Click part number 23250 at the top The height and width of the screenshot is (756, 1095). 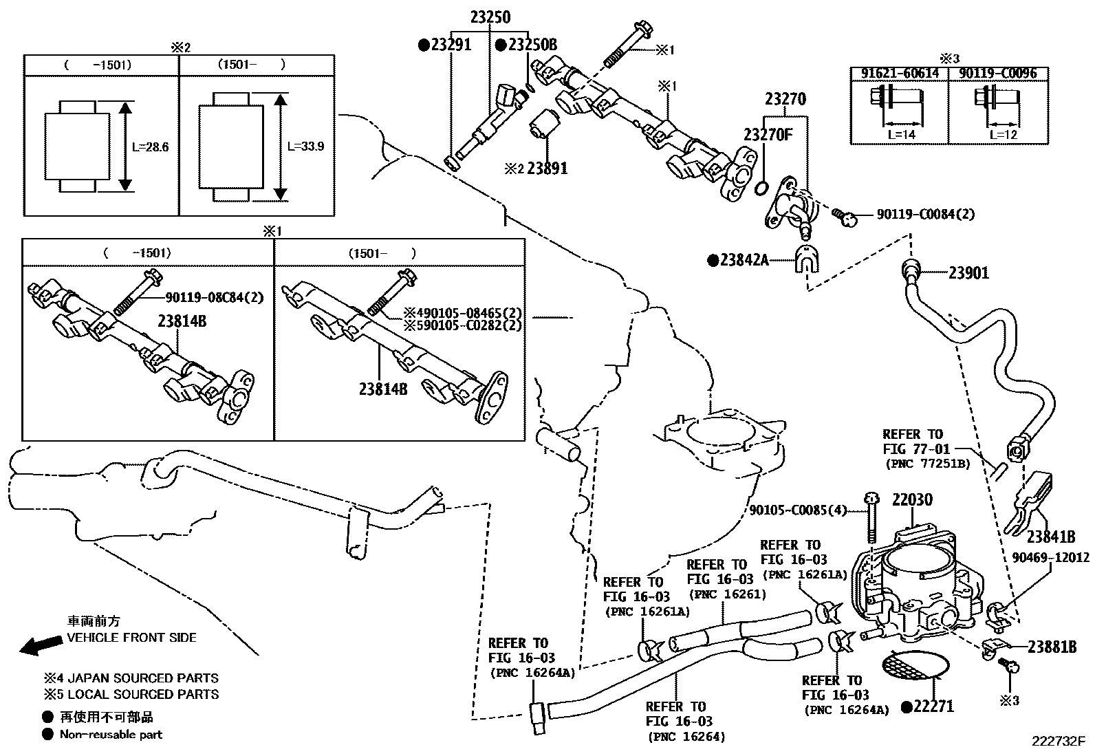pos(490,18)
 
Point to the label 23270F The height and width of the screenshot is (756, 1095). pos(768,134)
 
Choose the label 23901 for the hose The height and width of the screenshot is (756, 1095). pos(968,273)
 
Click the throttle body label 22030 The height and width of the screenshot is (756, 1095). pos(912,500)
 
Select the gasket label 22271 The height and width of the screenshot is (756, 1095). pos(933,706)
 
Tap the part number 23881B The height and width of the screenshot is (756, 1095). pos(1052,647)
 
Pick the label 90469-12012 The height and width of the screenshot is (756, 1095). pos(1050,558)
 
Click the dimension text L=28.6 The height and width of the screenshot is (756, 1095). pos(150,147)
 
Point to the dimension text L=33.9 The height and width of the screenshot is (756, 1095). pos(305,147)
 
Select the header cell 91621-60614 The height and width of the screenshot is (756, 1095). pos(899,73)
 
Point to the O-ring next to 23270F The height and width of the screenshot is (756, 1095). pos(761,188)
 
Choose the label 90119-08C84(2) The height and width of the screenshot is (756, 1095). pos(215,298)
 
